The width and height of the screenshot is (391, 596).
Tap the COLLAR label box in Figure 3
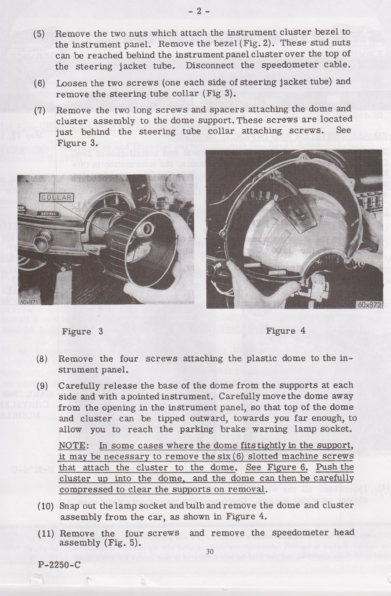(x=57, y=198)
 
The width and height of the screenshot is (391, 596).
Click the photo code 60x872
(x=370, y=305)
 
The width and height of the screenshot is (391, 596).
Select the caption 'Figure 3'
(x=82, y=331)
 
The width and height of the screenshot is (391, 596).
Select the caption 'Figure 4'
(x=286, y=331)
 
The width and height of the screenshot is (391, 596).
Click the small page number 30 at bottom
(x=209, y=551)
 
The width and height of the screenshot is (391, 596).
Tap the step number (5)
(x=39, y=33)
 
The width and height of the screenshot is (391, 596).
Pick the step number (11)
(x=45, y=534)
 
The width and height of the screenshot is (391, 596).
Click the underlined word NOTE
(x=73, y=446)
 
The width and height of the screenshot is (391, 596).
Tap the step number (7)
(x=39, y=111)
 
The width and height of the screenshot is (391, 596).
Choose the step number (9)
(x=42, y=386)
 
